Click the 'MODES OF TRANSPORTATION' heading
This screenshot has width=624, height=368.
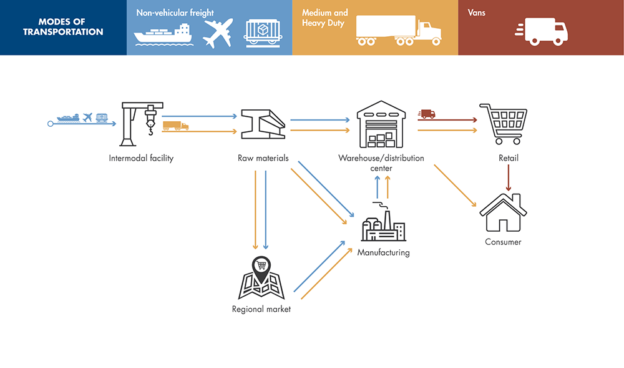[x=63, y=27]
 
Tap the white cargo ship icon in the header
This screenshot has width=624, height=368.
[x=162, y=34]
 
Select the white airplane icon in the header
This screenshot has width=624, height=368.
[x=217, y=32]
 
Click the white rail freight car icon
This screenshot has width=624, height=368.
[x=262, y=32]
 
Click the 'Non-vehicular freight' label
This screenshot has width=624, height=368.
[x=175, y=12]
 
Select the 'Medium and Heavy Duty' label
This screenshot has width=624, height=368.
[x=325, y=17]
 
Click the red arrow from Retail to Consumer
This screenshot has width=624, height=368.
[x=509, y=178]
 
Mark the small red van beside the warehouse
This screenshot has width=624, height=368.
[x=427, y=114]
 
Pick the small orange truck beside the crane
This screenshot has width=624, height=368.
[x=175, y=126]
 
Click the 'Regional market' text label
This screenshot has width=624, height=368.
[x=261, y=309]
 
